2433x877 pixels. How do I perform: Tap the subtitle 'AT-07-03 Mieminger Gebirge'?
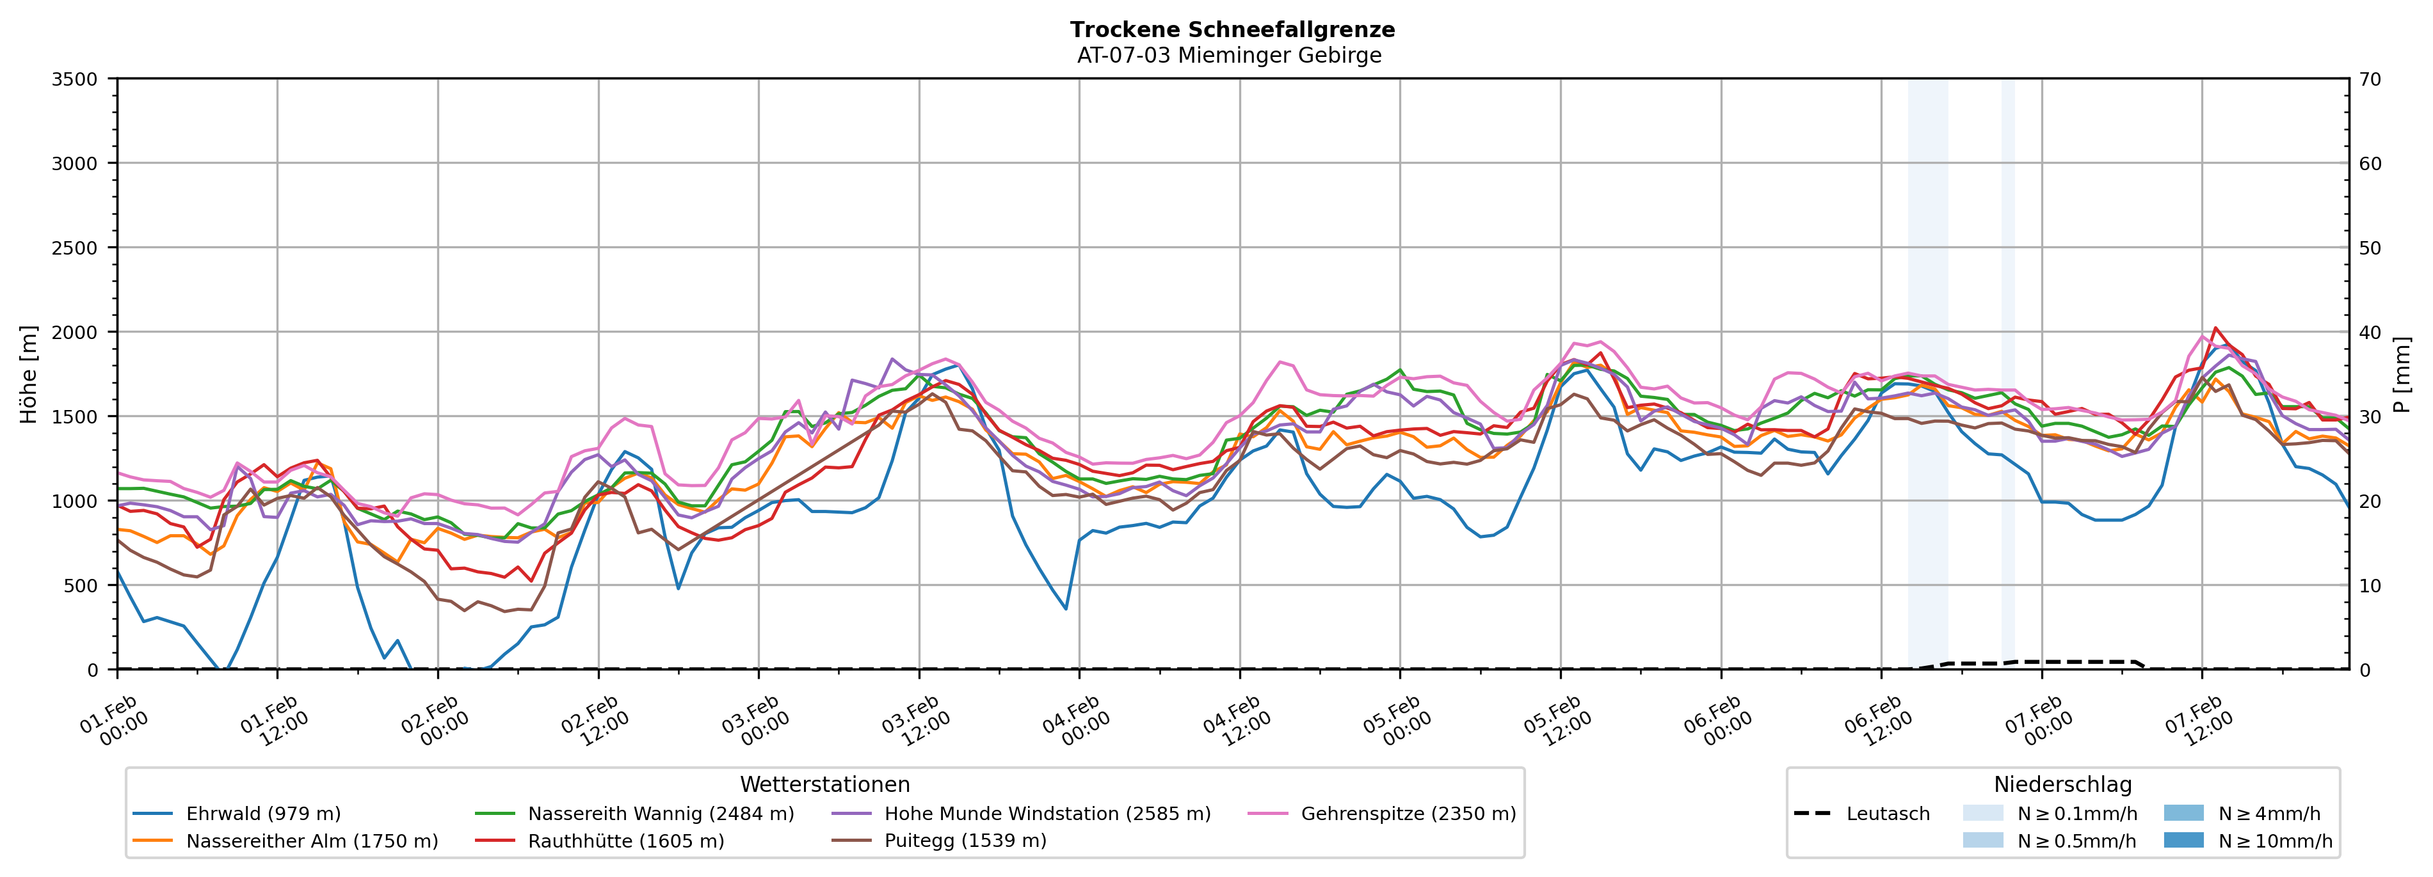[x=1229, y=56]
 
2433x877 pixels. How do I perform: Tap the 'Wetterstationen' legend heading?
[x=824, y=784]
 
